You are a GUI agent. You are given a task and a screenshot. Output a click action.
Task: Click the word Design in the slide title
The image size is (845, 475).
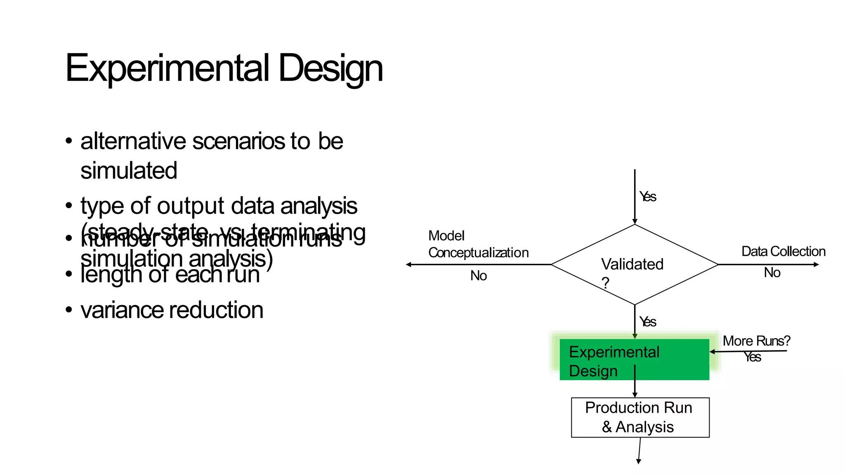click(x=330, y=68)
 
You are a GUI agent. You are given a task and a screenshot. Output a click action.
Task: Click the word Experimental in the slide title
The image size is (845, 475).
click(x=167, y=68)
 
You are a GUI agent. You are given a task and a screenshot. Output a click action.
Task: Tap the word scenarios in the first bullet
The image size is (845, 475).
click(x=238, y=141)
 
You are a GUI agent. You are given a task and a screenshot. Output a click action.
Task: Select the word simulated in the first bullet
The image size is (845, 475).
click(x=129, y=171)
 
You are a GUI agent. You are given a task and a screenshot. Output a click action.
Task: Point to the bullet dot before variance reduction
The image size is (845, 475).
click(x=69, y=310)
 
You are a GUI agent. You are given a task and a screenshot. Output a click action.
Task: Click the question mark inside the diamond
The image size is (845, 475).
click(x=605, y=283)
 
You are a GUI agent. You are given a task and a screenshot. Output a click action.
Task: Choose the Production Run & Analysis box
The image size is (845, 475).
click(x=640, y=417)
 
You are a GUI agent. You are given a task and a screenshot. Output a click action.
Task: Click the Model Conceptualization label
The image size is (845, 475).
click(x=478, y=244)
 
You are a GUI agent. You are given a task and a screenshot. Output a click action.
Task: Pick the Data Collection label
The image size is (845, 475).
click(x=783, y=251)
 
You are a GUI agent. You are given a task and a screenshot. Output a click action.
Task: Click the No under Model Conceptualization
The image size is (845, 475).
click(x=479, y=275)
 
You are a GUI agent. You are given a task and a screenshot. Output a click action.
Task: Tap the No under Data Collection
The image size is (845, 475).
click(x=772, y=273)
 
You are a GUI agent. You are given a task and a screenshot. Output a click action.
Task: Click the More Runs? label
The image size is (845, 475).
click(x=756, y=341)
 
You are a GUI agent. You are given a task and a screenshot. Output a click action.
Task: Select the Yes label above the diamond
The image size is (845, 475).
click(x=648, y=197)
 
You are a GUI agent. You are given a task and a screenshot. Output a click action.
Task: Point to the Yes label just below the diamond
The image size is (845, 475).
click(x=648, y=322)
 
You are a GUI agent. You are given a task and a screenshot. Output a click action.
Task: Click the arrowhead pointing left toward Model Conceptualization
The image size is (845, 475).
click(x=408, y=264)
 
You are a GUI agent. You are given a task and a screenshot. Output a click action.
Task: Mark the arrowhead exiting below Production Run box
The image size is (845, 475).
click(x=638, y=462)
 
